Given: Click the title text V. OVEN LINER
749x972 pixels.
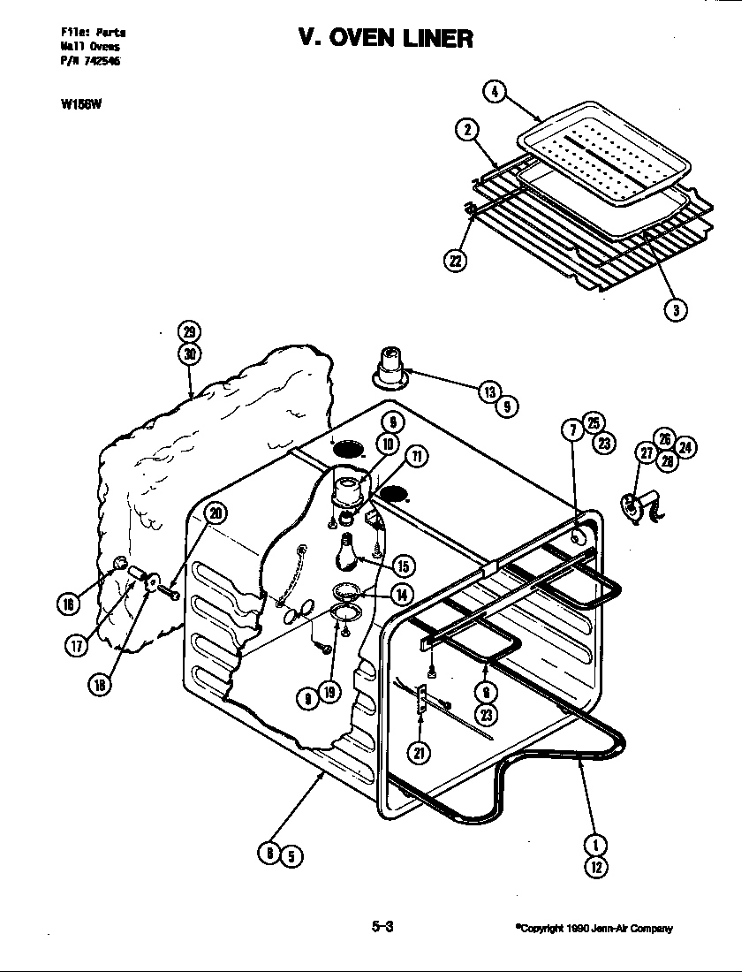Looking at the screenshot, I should tap(385, 38).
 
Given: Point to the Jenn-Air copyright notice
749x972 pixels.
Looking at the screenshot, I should tap(594, 928).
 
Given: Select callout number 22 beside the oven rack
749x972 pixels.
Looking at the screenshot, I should tap(456, 261).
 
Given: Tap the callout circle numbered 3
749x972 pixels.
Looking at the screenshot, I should tap(676, 309).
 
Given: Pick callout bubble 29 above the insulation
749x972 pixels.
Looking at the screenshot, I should tap(189, 333).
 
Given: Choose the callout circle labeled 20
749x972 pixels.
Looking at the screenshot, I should tap(215, 513).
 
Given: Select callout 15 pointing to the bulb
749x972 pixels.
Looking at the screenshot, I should tap(403, 566).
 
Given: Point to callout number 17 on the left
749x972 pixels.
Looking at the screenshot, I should tap(76, 645).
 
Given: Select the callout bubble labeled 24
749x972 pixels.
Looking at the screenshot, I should tap(685, 447).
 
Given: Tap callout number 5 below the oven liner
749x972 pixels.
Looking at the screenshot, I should tap(291, 854).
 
